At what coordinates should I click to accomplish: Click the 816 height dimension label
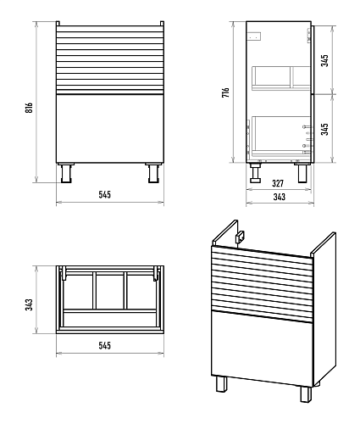pos(29,108)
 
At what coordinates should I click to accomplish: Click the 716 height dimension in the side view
pos(225,92)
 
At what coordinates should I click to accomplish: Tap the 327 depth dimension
pos(278,183)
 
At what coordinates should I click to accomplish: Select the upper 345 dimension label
pos(325,60)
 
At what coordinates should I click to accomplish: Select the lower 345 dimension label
pos(325,129)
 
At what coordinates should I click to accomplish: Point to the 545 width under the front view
pos(104,194)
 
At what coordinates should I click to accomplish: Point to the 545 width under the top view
pos(104,345)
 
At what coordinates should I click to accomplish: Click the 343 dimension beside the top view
pos(30,304)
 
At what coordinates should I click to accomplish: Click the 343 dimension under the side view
pos(280,197)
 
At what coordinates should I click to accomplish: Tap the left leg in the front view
pos(66,173)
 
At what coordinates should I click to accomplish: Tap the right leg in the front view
pos(153,173)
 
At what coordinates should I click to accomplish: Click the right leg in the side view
pos(302,172)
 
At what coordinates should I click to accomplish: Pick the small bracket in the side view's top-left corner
pos(254,36)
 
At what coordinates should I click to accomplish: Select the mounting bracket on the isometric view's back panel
pos(241,237)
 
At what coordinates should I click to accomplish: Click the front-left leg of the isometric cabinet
pos(222,383)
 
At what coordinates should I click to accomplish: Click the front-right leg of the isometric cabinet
pos(306,393)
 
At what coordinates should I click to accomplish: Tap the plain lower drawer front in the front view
pos(110,128)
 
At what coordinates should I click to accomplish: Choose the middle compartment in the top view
pos(110,291)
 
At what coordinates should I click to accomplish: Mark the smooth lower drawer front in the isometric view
pos(262,349)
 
